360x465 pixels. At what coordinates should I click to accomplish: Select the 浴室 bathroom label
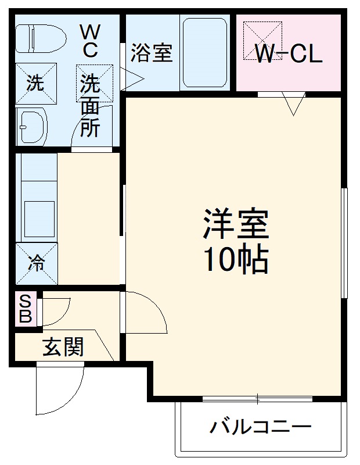coord(151,53)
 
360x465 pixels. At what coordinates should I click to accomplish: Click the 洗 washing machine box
coord(36,84)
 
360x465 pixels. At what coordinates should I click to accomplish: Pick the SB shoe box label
coord(25,309)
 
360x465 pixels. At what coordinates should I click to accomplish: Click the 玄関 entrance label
coord(63,347)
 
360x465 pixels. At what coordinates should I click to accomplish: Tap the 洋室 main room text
coord(235,224)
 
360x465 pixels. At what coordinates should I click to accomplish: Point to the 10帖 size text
coord(235,259)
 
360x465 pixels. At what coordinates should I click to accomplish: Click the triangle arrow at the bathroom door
coord(131,80)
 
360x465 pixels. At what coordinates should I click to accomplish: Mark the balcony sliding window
coord(258,399)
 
